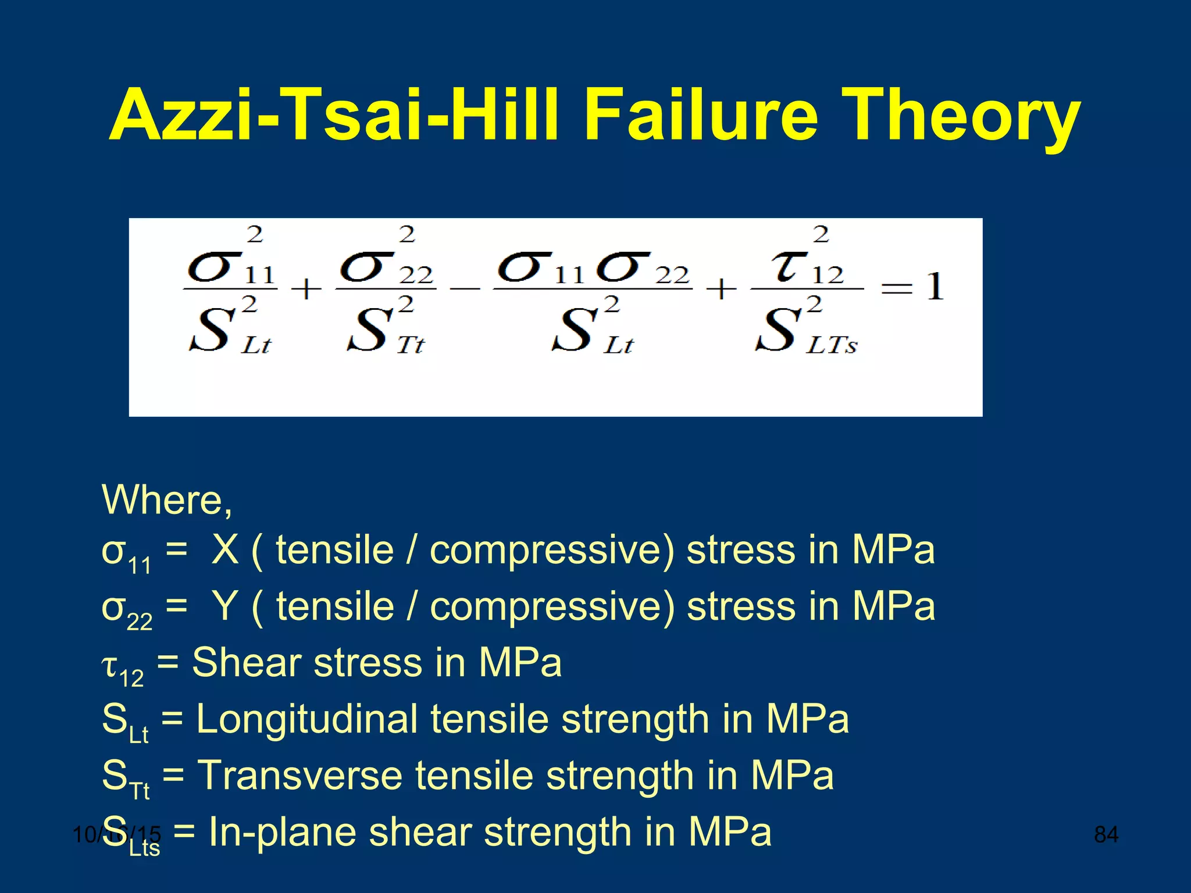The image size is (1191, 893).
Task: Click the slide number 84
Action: pyautogui.click(x=1106, y=835)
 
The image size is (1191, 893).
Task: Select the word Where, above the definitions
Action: pyautogui.click(x=167, y=500)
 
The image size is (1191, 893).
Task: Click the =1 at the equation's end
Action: pyautogui.click(x=912, y=288)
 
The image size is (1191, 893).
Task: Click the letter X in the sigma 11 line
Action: pyautogui.click(x=225, y=549)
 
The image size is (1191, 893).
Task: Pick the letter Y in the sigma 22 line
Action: pyautogui.click(x=225, y=606)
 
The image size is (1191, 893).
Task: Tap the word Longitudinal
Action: pyautogui.click(x=307, y=719)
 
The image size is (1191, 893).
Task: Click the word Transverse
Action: pyautogui.click(x=300, y=776)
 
